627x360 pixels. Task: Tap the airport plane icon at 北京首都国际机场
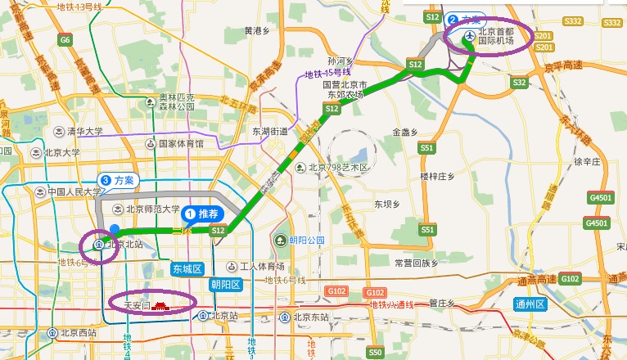click(467, 36)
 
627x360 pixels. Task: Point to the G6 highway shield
click(65, 39)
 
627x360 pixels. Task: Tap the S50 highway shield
click(375, 352)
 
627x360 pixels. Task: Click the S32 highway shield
click(519, 83)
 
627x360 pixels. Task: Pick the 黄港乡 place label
click(257, 31)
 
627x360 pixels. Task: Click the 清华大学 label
click(78, 131)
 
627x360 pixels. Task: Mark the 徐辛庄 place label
click(588, 161)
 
